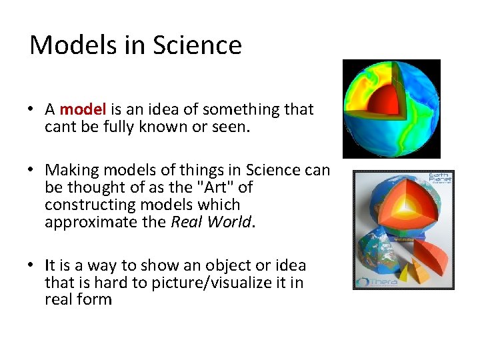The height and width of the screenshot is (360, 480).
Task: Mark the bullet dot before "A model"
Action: click(x=31, y=110)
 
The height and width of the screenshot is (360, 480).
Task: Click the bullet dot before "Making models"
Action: click(x=31, y=171)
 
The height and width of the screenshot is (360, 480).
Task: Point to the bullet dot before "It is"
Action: click(x=31, y=266)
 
